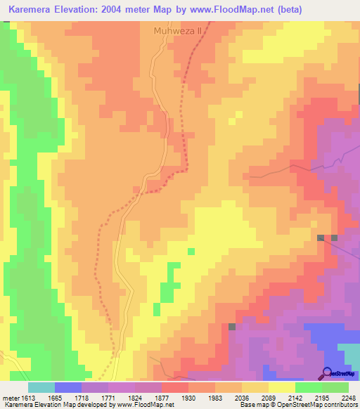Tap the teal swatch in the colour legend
click(41, 387)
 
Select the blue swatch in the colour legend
click(67, 387)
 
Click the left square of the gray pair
click(321, 238)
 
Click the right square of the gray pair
click(335, 238)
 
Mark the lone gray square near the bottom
click(232, 327)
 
